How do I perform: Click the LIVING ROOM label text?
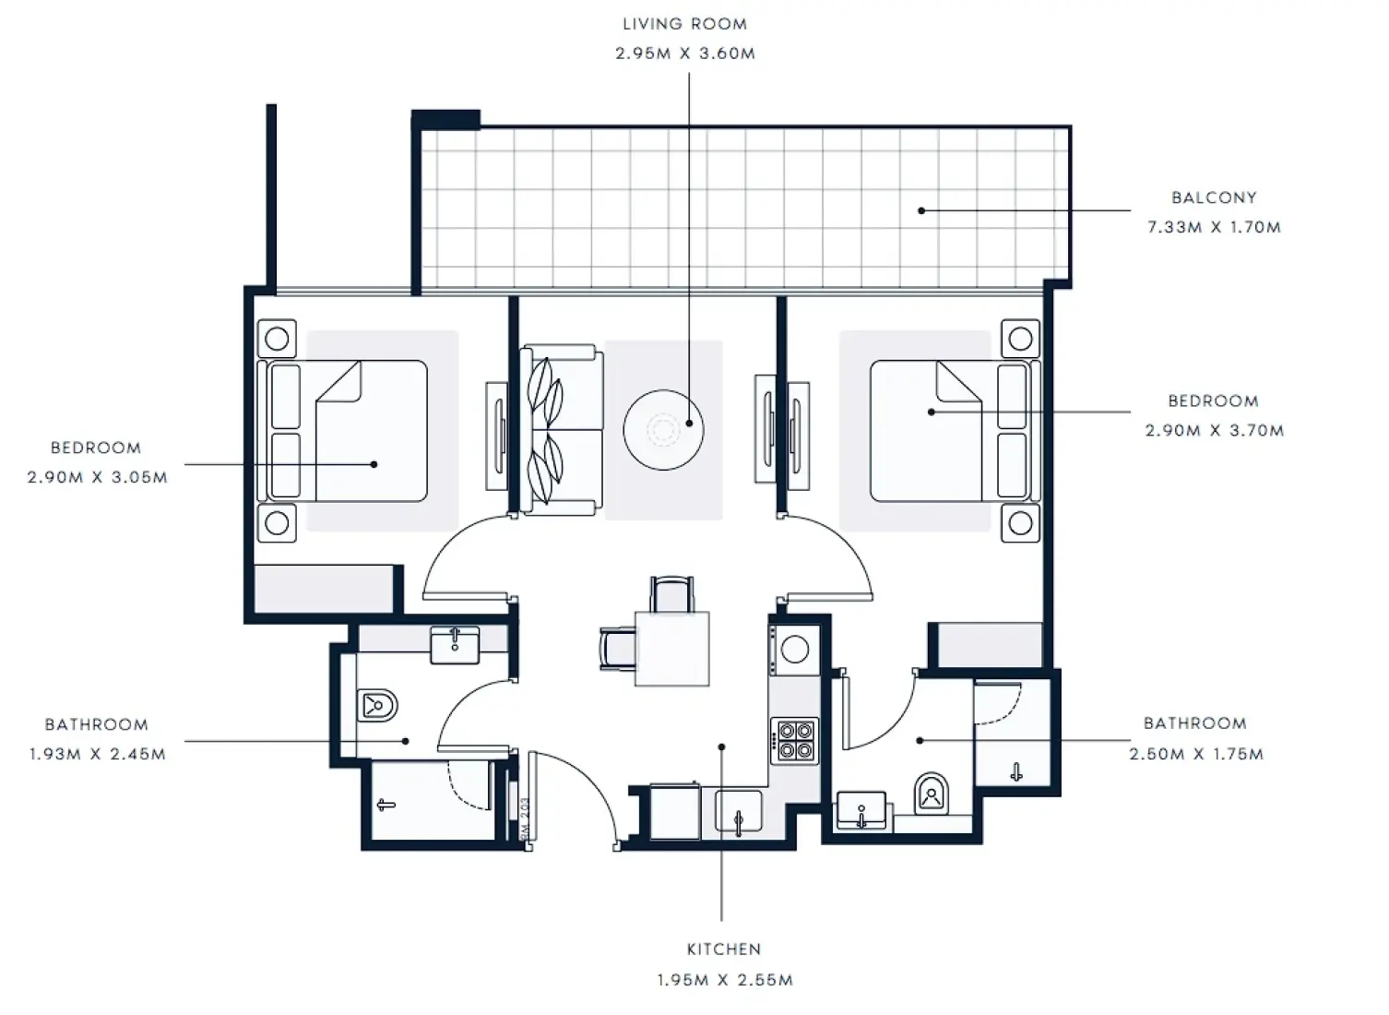(x=684, y=24)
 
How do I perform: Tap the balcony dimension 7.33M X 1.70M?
(x=1214, y=227)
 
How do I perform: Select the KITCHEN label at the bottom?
(x=724, y=949)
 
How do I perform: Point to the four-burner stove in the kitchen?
(x=795, y=740)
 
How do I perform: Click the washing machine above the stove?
(x=794, y=650)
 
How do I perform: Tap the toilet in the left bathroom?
(x=376, y=707)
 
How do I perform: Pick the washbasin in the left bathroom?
(x=455, y=644)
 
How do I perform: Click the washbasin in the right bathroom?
(x=861, y=810)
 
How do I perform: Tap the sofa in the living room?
(x=560, y=429)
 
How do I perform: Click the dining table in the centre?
(x=672, y=649)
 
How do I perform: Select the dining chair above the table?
(x=671, y=593)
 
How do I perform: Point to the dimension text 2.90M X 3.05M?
(x=97, y=477)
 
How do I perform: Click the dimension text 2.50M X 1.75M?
(x=1195, y=754)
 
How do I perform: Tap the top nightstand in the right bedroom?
(x=1020, y=339)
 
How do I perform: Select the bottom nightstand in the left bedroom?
(x=277, y=523)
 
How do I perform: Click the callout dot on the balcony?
(x=921, y=210)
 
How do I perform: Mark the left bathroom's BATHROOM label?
(x=96, y=724)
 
